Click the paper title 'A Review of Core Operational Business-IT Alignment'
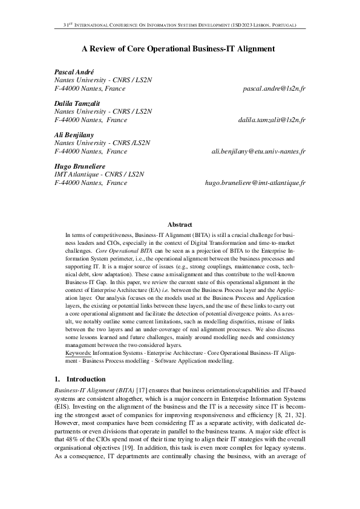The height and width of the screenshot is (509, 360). point(179,48)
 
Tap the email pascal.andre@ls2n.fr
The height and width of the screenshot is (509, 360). point(274,89)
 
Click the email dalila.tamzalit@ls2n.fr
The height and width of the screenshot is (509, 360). point(272,120)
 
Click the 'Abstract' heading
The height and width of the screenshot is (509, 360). point(180,224)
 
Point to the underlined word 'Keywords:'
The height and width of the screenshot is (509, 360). point(78,352)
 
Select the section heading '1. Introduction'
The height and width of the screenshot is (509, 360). point(80,379)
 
